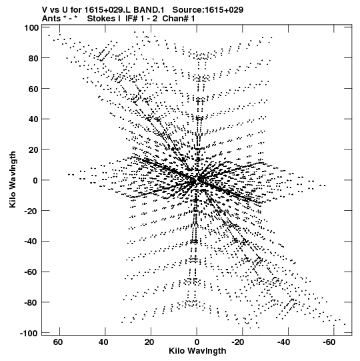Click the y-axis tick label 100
[x=31, y=28]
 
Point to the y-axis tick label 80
[x=33, y=59]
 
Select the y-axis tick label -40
[x=31, y=242]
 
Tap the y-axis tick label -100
[x=29, y=334]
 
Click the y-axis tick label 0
[x=35, y=181]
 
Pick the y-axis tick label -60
[x=31, y=272]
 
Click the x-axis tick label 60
[x=58, y=342]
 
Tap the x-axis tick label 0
[x=197, y=342]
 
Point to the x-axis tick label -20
[x=238, y=342]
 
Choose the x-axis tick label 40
[x=103, y=342]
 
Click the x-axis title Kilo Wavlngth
[x=197, y=351]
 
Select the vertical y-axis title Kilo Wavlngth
[x=13, y=179]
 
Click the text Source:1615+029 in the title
[x=208, y=10]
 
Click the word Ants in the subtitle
[x=51, y=19]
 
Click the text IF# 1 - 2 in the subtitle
[x=141, y=19]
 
